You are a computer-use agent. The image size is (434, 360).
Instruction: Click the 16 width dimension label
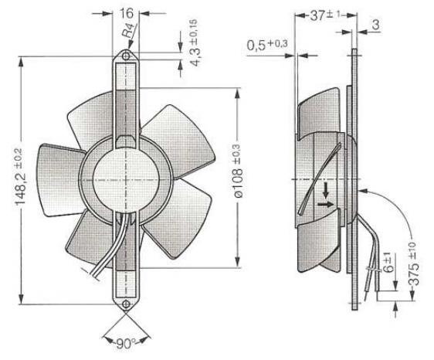(x=126, y=13)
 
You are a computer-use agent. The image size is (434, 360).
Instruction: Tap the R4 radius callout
(x=129, y=30)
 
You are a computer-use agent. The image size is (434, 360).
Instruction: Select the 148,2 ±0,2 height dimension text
(x=20, y=177)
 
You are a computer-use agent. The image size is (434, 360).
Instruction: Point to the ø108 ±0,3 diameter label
(x=239, y=171)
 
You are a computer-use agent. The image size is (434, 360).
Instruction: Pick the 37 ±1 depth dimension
(x=324, y=15)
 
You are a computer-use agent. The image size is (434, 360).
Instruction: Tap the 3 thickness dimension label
(x=375, y=25)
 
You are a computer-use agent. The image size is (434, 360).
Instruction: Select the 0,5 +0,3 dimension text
(x=267, y=46)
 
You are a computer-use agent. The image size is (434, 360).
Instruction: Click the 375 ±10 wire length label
(x=413, y=263)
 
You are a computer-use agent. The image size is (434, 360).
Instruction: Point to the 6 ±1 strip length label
(x=388, y=261)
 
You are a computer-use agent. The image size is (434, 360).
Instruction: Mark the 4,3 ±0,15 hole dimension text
(x=194, y=43)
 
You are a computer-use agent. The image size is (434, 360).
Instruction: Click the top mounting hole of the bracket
(x=126, y=56)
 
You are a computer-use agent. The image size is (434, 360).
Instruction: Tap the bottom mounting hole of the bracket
(x=126, y=304)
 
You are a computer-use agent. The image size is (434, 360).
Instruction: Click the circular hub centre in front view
(x=126, y=180)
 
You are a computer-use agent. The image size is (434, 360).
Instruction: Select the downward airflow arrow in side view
(x=326, y=190)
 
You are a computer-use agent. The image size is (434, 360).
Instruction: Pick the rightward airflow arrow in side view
(x=326, y=205)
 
